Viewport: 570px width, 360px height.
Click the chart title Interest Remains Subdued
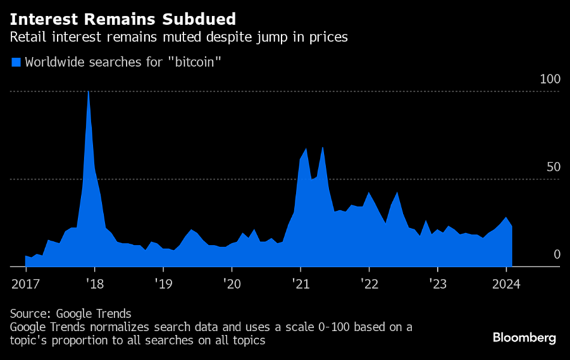(123, 19)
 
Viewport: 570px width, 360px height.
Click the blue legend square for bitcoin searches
(16, 62)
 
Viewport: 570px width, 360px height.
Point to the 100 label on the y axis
(550, 79)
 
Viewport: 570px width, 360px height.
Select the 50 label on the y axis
(553, 167)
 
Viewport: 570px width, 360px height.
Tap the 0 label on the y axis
(557, 254)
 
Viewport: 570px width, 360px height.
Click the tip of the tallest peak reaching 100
(88, 92)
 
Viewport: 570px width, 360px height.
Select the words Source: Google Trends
(71, 314)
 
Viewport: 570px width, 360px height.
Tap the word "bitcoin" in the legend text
(191, 62)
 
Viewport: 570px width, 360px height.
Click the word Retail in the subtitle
(25, 38)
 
